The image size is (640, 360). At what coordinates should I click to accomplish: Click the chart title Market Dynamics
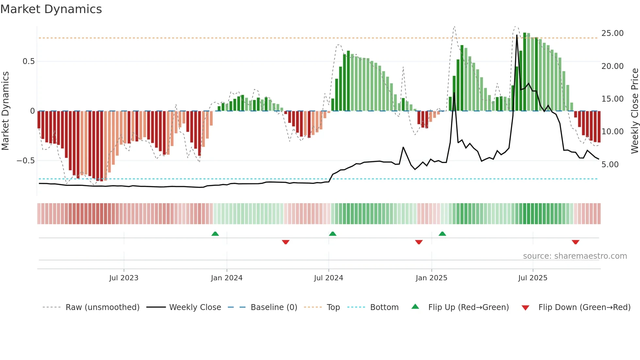pos(51,9)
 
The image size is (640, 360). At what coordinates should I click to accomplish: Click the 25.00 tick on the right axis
pos(612,33)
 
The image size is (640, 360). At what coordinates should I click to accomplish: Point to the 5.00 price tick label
pos(610,165)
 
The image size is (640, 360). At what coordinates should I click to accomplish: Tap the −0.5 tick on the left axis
pos(25,161)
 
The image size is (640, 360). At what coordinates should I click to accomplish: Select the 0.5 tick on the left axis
pos(28,61)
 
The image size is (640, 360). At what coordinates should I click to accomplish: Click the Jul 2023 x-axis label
pos(124,278)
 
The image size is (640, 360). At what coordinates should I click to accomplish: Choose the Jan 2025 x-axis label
pos(431,278)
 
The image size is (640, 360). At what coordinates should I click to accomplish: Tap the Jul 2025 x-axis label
pos(533,278)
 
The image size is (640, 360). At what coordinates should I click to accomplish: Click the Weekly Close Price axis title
pos(634,111)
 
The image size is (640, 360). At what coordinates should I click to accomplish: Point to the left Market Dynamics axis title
pos(5,111)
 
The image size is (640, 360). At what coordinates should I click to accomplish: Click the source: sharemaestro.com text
pos(575,256)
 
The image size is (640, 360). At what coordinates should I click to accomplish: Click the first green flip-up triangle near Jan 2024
pos(215,234)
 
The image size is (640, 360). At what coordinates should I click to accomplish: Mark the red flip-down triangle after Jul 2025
pos(575,242)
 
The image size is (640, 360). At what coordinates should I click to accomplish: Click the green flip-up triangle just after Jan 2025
pos(442,234)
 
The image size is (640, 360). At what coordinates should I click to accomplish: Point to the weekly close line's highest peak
pos(517,35)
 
